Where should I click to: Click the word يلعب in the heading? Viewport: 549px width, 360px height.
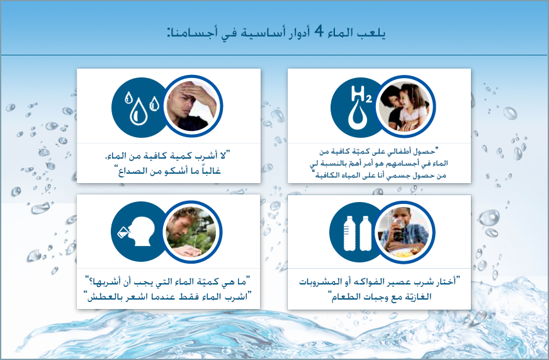coord(373,33)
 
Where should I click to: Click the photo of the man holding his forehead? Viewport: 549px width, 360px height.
coord(192,106)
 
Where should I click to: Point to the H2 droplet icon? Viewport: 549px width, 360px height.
coord(358,107)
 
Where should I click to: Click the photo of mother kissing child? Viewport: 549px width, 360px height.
coord(405,106)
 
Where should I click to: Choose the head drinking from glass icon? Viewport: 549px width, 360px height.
coord(137,231)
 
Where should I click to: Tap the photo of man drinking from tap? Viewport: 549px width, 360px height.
coord(192,232)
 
